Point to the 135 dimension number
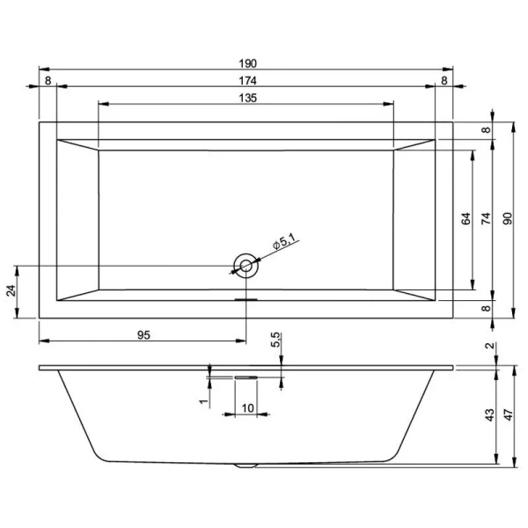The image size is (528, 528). (x=247, y=98)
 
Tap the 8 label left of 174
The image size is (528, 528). (x=48, y=81)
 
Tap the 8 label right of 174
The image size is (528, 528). (x=444, y=81)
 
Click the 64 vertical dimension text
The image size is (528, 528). (x=467, y=218)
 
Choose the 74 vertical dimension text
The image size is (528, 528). (x=486, y=218)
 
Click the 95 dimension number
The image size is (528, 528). (x=145, y=334)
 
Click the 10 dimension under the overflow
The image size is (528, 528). (x=247, y=407)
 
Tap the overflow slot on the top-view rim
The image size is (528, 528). (x=246, y=299)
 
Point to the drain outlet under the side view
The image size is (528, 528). (x=246, y=464)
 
